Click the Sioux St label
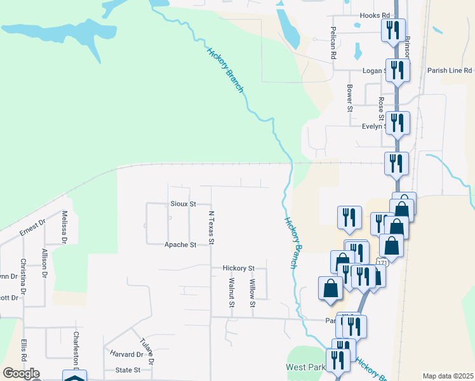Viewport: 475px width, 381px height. (x=183, y=204)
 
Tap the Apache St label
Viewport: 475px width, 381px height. (x=180, y=244)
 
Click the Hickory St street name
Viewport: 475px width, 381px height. (x=238, y=269)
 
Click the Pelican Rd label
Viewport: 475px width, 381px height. (x=333, y=43)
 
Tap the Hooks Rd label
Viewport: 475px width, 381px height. (x=374, y=15)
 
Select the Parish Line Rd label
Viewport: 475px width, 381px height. (x=450, y=70)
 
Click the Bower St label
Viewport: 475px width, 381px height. (x=350, y=98)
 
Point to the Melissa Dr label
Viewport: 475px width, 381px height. (x=64, y=227)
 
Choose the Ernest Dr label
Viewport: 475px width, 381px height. (x=32, y=228)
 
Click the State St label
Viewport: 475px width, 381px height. (x=128, y=370)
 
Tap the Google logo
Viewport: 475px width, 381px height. (x=21, y=373)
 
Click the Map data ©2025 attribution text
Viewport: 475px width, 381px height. (x=448, y=376)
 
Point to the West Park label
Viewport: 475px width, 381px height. (x=304, y=368)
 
